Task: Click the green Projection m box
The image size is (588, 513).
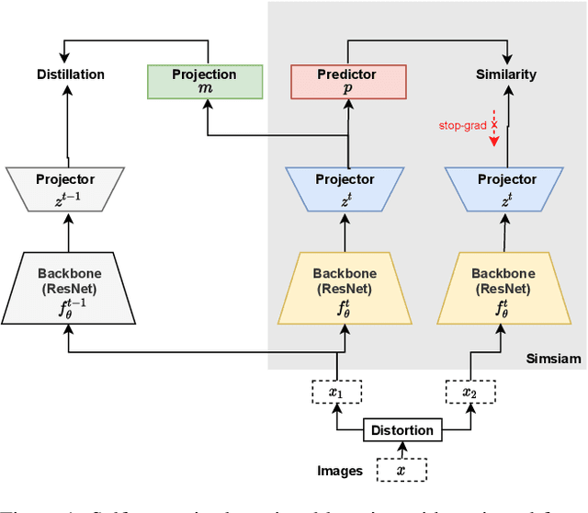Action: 205,82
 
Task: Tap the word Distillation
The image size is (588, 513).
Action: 71,74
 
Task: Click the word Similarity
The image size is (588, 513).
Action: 506,74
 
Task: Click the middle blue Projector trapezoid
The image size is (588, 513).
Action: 345,187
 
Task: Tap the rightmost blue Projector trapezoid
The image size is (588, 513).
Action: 504,187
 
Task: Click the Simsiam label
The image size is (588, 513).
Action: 553,358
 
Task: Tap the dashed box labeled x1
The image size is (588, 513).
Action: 336,392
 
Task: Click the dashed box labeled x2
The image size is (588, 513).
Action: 469,392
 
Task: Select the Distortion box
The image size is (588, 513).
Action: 401,430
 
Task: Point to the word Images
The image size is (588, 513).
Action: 341,471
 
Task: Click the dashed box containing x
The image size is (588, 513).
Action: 401,471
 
